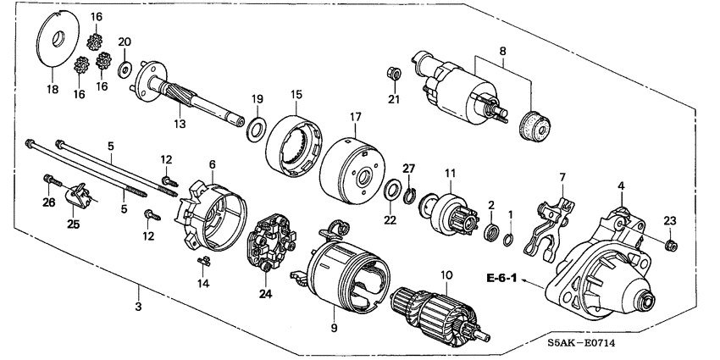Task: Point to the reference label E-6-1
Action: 503,278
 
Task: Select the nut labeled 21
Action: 393,72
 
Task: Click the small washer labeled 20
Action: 125,68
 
